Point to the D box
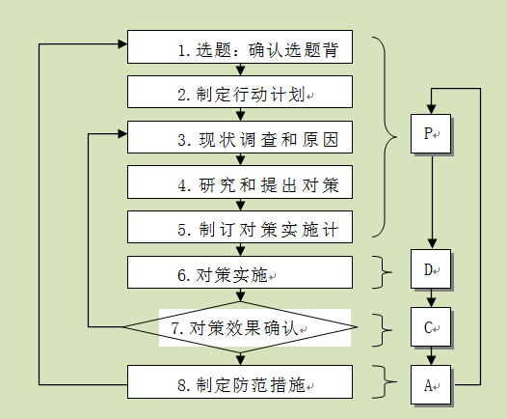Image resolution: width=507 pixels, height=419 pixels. coord(431,269)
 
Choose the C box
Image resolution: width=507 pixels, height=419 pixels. coord(431,326)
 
